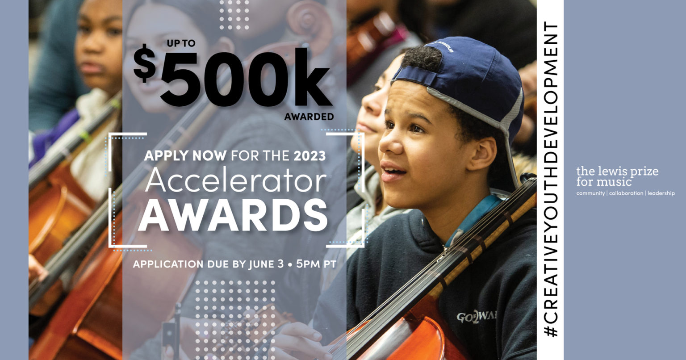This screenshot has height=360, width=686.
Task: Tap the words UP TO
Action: click(181, 43)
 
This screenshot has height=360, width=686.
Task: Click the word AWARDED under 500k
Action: click(309, 117)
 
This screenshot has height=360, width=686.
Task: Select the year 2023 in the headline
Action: click(310, 156)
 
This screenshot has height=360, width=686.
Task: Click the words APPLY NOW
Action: click(185, 156)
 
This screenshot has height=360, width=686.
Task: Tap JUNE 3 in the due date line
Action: click(266, 264)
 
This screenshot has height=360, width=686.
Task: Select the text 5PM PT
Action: click(316, 264)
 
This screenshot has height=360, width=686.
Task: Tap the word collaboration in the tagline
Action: click(625, 193)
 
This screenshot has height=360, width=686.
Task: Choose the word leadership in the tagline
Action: click(661, 193)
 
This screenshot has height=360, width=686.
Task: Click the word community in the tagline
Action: click(590, 193)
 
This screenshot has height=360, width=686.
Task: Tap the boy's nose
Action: click(386, 143)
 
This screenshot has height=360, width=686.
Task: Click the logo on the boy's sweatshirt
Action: click(477, 318)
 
